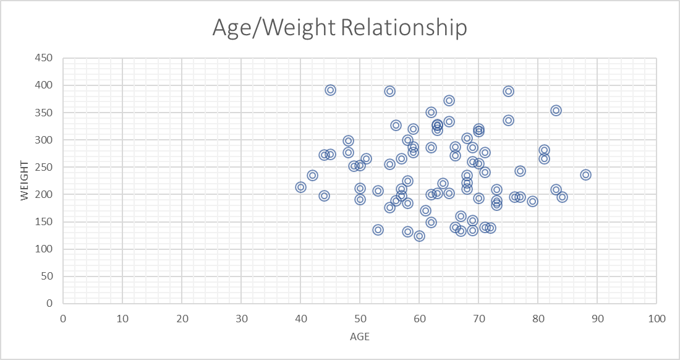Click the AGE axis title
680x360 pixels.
point(359,337)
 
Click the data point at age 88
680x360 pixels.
point(585,174)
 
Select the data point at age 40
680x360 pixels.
point(300,187)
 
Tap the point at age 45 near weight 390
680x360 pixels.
point(330,90)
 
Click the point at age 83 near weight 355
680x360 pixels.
point(556,110)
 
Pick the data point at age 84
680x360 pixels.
point(562,197)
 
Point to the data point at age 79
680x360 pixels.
point(532,201)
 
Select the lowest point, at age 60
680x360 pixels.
point(419,236)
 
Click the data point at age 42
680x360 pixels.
point(312,175)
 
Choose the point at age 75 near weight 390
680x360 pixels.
point(508,91)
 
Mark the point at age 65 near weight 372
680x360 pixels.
point(449,100)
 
